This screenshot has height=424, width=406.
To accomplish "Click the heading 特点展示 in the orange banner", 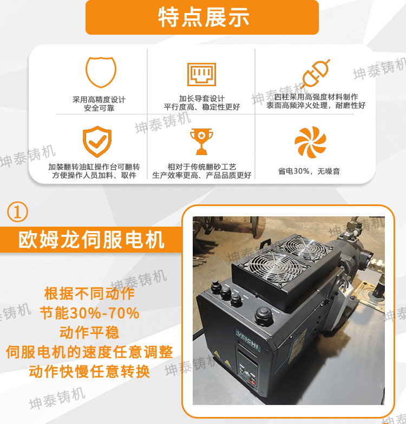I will click(x=202, y=17).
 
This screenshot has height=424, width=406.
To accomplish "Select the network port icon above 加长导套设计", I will click(x=201, y=74).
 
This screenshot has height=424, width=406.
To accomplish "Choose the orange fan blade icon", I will click(x=310, y=143).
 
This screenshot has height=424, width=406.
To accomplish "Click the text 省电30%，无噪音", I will click(x=309, y=171).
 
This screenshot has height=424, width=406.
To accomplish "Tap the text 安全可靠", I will click(x=99, y=108).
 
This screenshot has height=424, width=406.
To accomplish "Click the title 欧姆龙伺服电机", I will click(x=91, y=239).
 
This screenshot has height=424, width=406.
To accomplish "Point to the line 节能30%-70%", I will click(x=90, y=313).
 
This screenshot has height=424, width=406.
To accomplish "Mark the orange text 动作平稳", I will click(x=89, y=332).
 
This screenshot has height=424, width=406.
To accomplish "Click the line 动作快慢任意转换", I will click(x=89, y=372).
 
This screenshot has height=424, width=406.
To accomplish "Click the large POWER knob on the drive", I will click(x=264, y=313).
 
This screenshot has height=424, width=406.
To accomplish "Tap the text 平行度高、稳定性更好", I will click(x=202, y=107).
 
